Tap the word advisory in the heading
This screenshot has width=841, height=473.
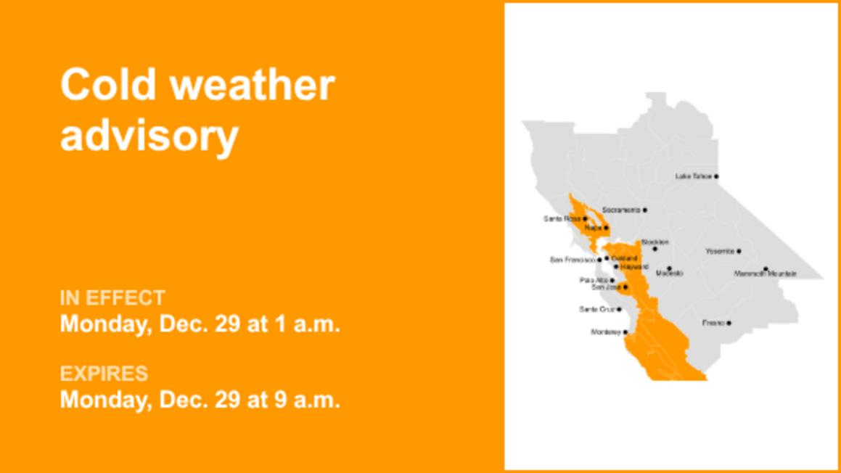(x=149, y=135)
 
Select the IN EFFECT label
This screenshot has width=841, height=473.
(x=112, y=297)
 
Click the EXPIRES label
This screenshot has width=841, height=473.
(x=104, y=374)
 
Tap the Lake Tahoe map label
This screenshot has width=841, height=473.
(x=693, y=176)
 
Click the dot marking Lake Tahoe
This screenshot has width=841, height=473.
(x=716, y=176)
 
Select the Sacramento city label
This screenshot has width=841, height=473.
(x=621, y=210)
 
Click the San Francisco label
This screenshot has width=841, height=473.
(x=573, y=259)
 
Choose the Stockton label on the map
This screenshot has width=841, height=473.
(x=655, y=242)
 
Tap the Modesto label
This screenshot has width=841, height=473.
(x=669, y=273)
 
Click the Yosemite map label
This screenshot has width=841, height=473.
(x=720, y=251)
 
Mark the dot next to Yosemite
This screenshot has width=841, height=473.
(x=739, y=251)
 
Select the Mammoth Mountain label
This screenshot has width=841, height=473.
(x=765, y=274)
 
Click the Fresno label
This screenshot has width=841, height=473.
(x=713, y=323)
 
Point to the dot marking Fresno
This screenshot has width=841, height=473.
(x=729, y=323)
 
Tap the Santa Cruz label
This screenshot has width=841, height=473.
(x=596, y=310)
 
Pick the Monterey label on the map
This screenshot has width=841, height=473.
(x=606, y=332)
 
